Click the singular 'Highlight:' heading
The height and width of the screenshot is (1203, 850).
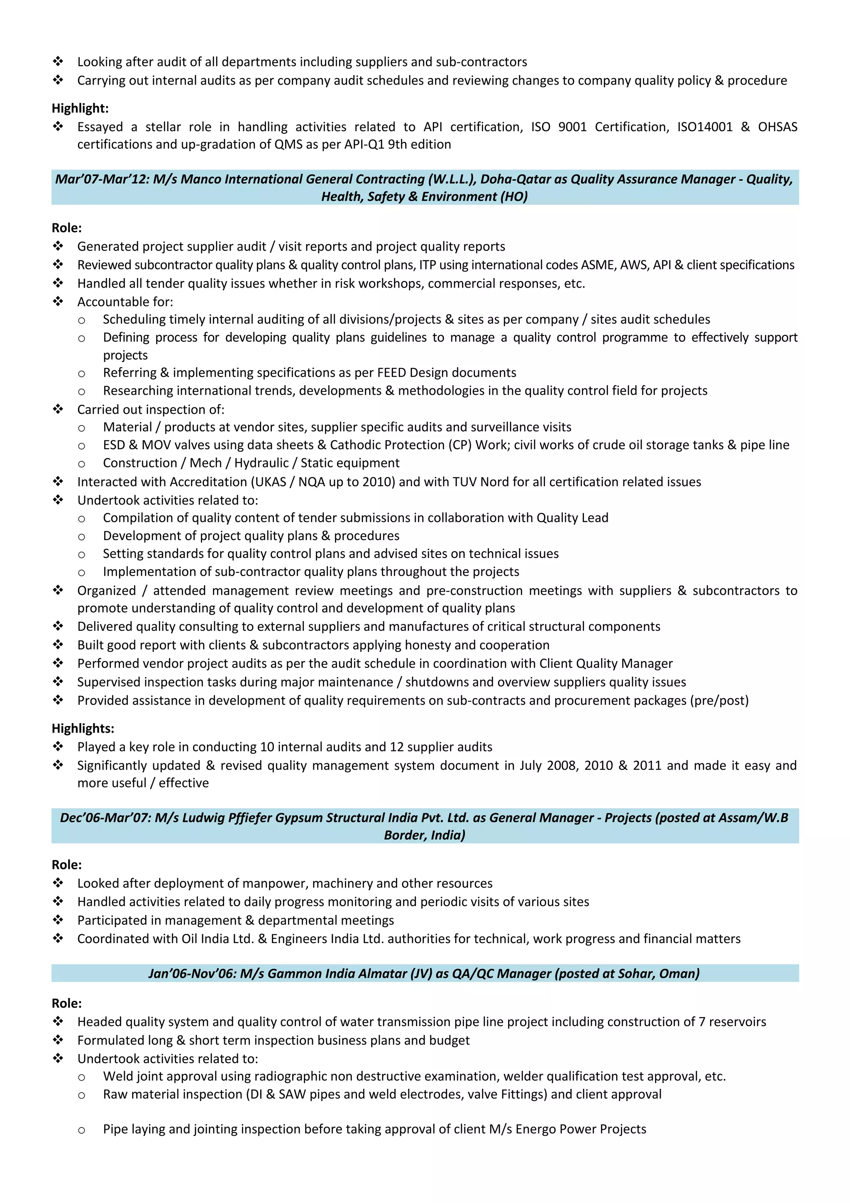coord(80,108)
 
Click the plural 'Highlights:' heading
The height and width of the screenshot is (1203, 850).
coord(83,728)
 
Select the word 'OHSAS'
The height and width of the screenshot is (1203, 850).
coord(777,127)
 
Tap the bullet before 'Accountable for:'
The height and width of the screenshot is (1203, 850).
coord(58,301)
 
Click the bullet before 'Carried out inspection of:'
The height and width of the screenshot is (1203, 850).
coord(58,409)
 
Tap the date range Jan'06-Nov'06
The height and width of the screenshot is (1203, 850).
coord(191,973)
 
